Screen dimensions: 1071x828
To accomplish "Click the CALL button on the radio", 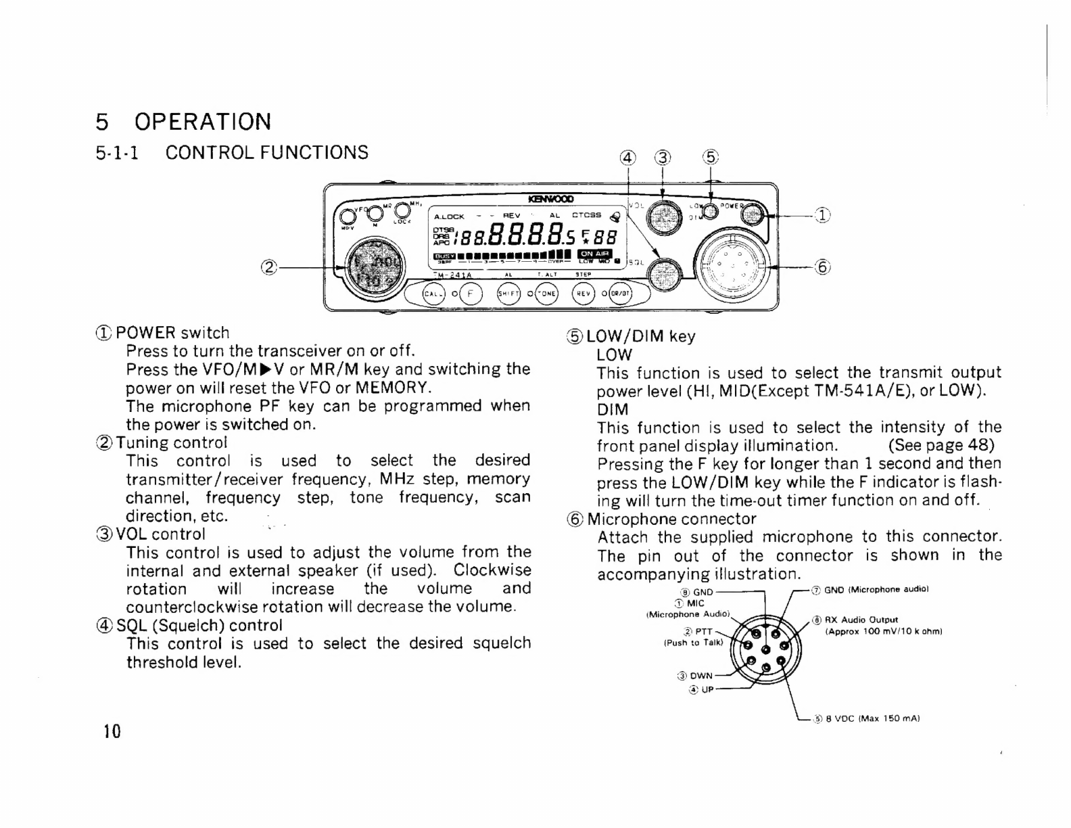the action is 431,294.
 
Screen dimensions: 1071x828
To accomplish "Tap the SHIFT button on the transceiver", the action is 507,294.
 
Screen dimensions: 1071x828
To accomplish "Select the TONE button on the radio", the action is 545,294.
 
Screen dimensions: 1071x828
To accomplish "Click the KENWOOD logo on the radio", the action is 551,199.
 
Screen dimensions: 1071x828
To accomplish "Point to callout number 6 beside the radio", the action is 822,267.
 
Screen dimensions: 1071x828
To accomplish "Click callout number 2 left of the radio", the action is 269,267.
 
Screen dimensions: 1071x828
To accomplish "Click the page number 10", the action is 112,731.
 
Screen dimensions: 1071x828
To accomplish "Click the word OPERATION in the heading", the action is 203,122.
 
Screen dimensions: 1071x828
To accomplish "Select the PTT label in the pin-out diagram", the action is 703,631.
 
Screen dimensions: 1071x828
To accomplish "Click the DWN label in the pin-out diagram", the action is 700,675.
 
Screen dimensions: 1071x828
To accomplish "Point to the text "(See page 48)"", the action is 941,445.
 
